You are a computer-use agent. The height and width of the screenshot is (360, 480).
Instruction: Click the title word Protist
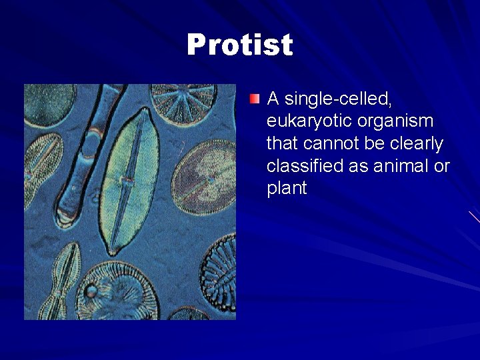pyautogui.click(x=240, y=45)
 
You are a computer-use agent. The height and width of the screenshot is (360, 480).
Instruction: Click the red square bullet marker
pyautogui.click(x=255, y=99)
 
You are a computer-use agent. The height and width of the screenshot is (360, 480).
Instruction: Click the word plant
pyautogui.click(x=287, y=189)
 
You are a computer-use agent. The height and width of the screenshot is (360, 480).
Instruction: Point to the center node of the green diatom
pyautogui.click(x=125, y=180)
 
